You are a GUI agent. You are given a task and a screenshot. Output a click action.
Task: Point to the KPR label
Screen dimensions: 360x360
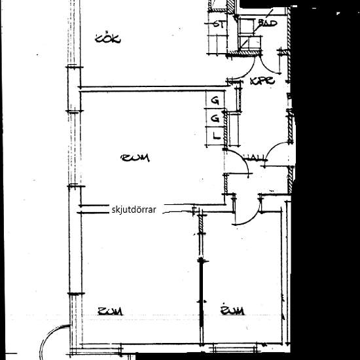coord(262,82)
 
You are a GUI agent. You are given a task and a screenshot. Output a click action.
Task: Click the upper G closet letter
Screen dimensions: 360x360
coord(215,101)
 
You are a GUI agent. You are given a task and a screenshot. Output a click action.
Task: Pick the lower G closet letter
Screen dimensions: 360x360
coord(215,118)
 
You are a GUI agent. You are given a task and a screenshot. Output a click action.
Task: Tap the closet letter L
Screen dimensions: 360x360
coord(215,136)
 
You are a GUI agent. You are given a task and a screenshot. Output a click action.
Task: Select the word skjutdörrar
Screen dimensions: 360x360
coord(134,210)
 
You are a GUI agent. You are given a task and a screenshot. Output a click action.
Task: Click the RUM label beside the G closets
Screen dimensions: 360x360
coord(135,158)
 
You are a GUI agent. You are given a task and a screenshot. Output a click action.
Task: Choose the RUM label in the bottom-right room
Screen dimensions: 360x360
coord(232,310)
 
